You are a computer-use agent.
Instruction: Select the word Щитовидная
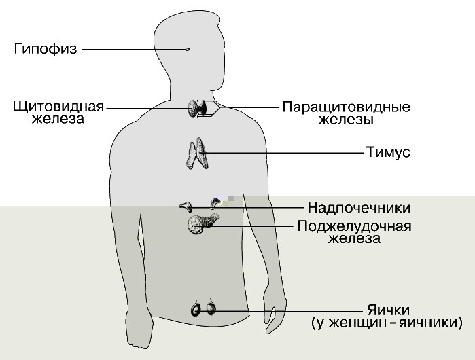(58, 107)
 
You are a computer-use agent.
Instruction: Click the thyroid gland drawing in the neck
(198, 107)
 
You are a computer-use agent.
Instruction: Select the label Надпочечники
(359, 207)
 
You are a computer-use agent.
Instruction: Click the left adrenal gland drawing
(185, 204)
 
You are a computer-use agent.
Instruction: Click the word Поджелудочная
(355, 226)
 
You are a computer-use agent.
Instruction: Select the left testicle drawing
(196, 310)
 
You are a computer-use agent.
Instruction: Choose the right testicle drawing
(211, 309)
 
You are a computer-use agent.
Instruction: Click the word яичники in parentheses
(427, 324)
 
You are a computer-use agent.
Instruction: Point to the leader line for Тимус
(285, 153)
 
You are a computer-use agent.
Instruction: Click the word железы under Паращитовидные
(346, 120)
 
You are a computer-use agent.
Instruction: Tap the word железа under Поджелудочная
(353, 238)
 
